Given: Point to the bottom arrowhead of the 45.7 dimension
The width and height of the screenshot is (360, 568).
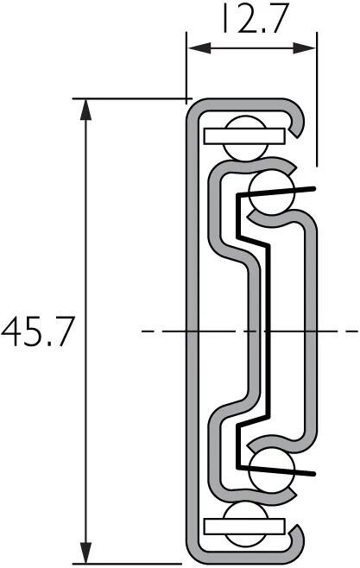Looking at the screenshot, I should (85, 552).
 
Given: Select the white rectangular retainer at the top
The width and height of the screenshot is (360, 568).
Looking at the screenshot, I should (245, 136).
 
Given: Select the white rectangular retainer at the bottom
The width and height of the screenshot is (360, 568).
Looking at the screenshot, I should (245, 525).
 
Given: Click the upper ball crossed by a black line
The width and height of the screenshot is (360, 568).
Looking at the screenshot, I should (272, 192).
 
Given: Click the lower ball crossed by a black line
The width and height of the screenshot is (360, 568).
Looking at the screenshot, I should (272, 468).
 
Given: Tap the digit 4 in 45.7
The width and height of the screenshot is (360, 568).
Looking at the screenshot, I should (12, 331).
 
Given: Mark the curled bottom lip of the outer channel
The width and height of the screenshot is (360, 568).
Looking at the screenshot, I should (300, 542).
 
